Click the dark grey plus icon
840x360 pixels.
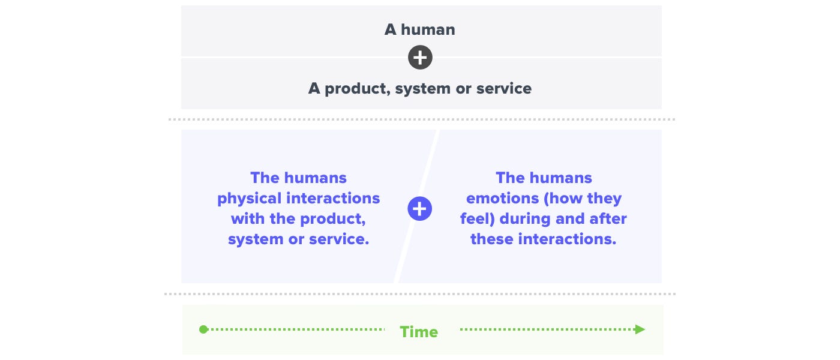point(420,58)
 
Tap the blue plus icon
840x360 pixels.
point(420,209)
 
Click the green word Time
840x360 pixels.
point(419,332)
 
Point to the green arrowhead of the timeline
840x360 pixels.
point(640,329)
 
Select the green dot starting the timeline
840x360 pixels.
point(203,329)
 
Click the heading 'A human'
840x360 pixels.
point(420,29)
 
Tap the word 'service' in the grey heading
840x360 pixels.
point(503,89)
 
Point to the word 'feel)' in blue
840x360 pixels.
point(478,219)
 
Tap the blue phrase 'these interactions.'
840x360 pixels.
point(544,239)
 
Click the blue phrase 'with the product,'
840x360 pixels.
point(299,219)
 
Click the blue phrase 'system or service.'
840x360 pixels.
point(299,239)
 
